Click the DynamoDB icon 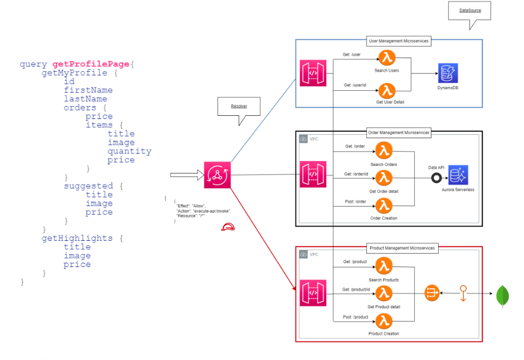[x=448, y=73]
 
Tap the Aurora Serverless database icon [x=458, y=175]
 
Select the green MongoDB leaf [x=502, y=296]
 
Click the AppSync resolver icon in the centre [x=217, y=175]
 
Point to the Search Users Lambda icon [x=386, y=58]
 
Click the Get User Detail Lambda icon [x=386, y=90]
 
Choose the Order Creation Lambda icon [x=384, y=205]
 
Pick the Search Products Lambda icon [x=384, y=266]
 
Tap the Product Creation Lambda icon [x=384, y=319]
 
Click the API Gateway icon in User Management [x=313, y=73]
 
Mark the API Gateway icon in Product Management [x=313, y=293]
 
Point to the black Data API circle [x=435, y=177]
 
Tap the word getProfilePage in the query [x=91, y=64]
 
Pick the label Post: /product [x=355, y=316]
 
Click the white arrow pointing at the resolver [x=185, y=175]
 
